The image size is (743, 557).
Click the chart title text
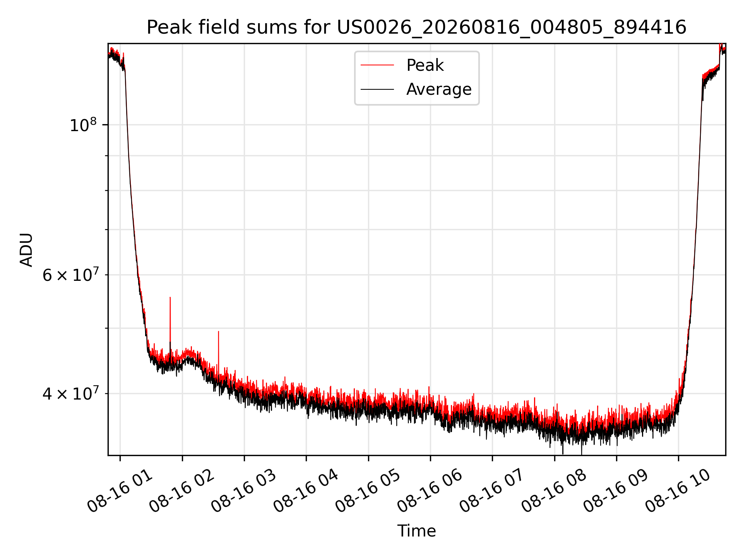pos(416,27)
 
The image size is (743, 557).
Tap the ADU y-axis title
pos(26,249)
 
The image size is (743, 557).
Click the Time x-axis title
pos(416,531)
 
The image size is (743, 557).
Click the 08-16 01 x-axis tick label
pos(120,490)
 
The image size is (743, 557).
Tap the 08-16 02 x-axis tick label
pos(182,490)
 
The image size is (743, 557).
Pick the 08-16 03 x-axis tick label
pos(244,490)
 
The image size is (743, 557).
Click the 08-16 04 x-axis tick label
pos(306,490)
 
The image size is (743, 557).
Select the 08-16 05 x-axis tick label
pos(368,490)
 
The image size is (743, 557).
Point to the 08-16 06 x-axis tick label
pos(430,490)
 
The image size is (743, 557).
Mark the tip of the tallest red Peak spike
pos(170,297)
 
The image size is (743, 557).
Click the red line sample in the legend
pos(377,65)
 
